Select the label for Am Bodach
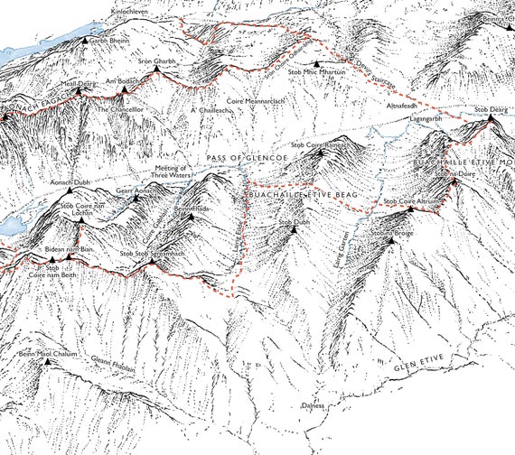click(x=125, y=81)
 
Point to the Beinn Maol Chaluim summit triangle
click(x=48, y=362)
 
